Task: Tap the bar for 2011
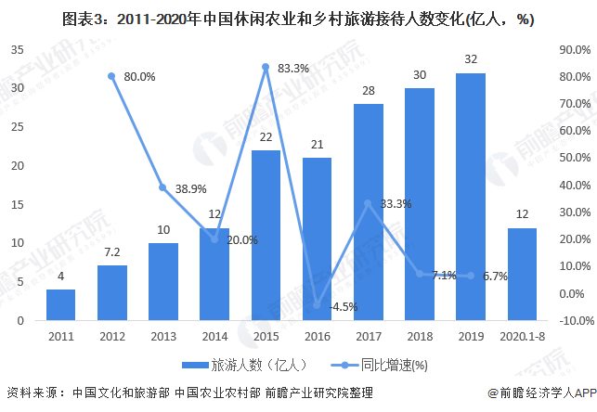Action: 60,305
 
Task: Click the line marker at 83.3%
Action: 266,67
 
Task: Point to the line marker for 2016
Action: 317,305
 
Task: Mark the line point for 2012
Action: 111,76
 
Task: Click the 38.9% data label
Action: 190,188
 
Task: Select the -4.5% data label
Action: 344,306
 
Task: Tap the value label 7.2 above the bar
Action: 111,252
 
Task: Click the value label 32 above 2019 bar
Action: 470,59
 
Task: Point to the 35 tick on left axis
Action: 18,49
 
